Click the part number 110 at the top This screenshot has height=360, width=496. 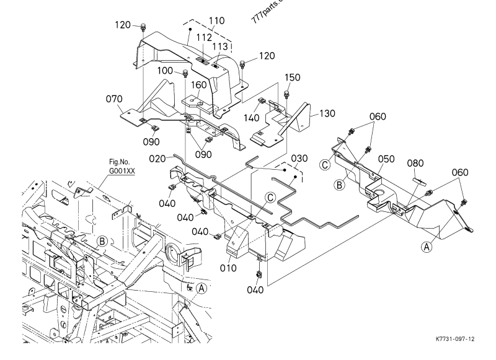point(216,20)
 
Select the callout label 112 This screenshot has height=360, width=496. point(204,38)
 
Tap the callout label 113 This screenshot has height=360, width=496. point(219,46)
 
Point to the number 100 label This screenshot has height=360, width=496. point(165,71)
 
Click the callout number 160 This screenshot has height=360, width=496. point(200,86)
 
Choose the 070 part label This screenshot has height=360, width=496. point(114,98)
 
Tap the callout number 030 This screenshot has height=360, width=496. point(299,159)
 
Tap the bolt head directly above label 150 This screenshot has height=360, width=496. point(287,94)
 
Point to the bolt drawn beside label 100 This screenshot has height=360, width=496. point(185,74)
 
